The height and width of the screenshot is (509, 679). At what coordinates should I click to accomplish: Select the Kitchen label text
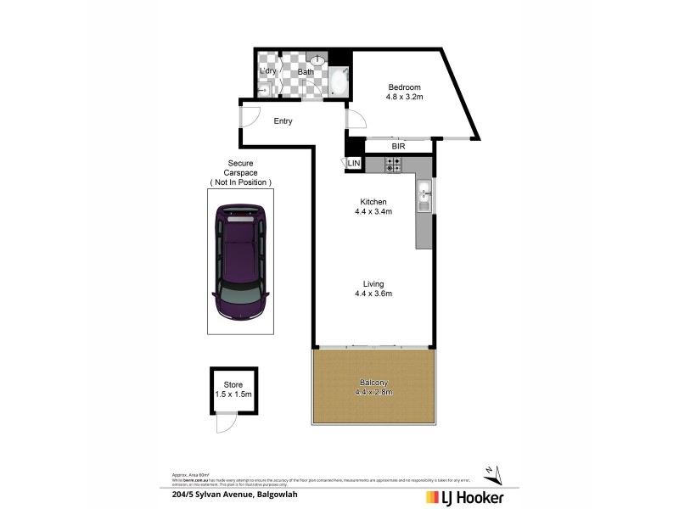pyautogui.click(x=374, y=207)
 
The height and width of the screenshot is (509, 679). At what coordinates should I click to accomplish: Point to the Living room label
pyautogui.click(x=373, y=289)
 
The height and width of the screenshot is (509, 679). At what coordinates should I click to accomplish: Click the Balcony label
pyautogui.click(x=373, y=388)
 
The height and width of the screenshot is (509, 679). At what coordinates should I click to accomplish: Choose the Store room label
pyautogui.click(x=233, y=390)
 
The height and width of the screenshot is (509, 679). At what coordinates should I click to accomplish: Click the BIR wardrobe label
pyautogui.click(x=398, y=147)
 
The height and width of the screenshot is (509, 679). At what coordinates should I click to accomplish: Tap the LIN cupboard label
pyautogui.click(x=354, y=163)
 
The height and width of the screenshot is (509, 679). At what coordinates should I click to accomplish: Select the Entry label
pyautogui.click(x=283, y=121)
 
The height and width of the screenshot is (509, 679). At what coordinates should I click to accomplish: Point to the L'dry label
pyautogui.click(x=269, y=71)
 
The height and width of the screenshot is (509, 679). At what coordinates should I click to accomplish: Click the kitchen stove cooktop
pyautogui.click(x=394, y=165)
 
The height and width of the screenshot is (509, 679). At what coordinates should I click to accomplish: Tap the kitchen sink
pyautogui.click(x=424, y=200)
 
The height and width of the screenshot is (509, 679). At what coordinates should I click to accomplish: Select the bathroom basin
pyautogui.click(x=317, y=61)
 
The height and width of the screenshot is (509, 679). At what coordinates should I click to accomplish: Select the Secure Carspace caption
pyautogui.click(x=240, y=172)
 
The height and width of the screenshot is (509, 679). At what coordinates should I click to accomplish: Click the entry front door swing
pyautogui.click(x=249, y=116)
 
